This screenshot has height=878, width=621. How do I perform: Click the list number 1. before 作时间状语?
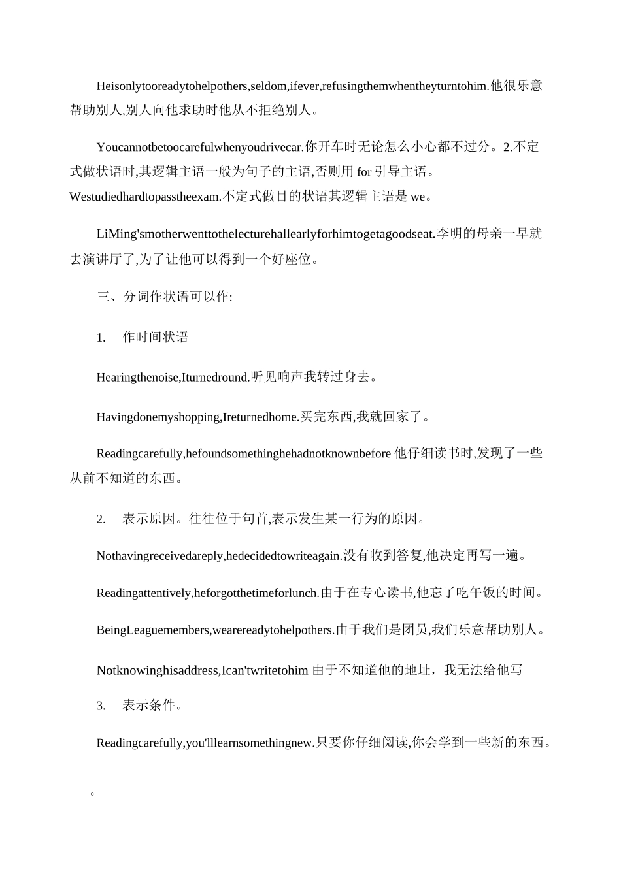point(101,338)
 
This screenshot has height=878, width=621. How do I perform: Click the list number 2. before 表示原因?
point(101,519)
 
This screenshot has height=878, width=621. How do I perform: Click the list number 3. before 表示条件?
point(101,706)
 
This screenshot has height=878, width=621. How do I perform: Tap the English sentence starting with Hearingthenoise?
point(173,377)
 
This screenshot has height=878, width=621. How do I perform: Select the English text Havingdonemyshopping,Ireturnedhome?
point(197,417)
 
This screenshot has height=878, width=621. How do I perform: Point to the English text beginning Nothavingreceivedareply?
point(219,556)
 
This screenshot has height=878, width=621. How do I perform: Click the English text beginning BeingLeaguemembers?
point(215,630)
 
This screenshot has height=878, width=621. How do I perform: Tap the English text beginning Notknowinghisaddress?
point(202,670)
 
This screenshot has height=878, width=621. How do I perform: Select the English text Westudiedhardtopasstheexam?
point(145,196)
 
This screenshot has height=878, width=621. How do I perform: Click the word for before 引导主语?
point(364,172)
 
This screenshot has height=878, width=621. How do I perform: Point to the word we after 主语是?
point(417,196)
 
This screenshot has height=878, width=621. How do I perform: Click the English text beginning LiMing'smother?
point(265,234)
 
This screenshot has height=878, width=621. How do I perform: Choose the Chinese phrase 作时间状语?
point(156,338)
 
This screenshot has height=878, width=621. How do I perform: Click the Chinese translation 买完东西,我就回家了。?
point(365,417)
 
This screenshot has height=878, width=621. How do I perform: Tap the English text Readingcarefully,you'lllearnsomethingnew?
point(205,743)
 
